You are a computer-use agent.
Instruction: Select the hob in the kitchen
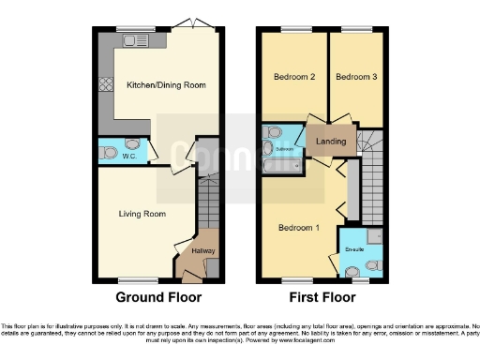tap(105, 82)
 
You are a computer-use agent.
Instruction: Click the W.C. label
tap(128, 156)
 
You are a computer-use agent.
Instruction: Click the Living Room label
tap(142, 214)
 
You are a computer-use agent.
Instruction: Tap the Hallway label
tap(202, 250)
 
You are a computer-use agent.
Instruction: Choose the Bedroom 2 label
tap(293, 77)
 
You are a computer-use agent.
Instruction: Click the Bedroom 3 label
tap(355, 77)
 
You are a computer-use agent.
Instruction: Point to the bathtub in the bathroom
tap(280, 166)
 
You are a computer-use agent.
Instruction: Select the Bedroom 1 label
tap(299, 227)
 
